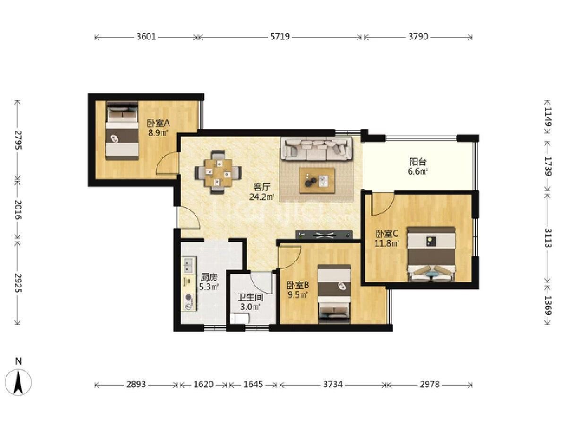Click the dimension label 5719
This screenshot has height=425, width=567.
click(x=280, y=37)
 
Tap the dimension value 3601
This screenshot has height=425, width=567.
click(x=146, y=37)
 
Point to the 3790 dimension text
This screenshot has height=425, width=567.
click(x=418, y=37)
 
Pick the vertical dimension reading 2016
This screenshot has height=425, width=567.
click(x=18, y=209)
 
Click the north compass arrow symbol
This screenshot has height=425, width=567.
click(x=18, y=383)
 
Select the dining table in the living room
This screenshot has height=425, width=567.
click(x=218, y=173)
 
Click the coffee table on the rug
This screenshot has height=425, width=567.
click(x=317, y=180)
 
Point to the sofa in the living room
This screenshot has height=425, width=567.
click(x=317, y=149)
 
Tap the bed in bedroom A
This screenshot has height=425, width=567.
click(x=122, y=130)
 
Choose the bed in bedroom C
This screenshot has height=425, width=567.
click(x=431, y=254)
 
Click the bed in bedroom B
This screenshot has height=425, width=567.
click(x=334, y=294)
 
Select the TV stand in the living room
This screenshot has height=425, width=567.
click(x=324, y=235)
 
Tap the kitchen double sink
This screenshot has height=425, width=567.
click(x=188, y=265)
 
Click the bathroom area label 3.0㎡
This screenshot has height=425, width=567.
click(x=250, y=307)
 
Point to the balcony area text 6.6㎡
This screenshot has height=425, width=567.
click(x=418, y=171)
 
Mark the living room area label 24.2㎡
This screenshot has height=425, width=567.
click(x=262, y=197)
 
